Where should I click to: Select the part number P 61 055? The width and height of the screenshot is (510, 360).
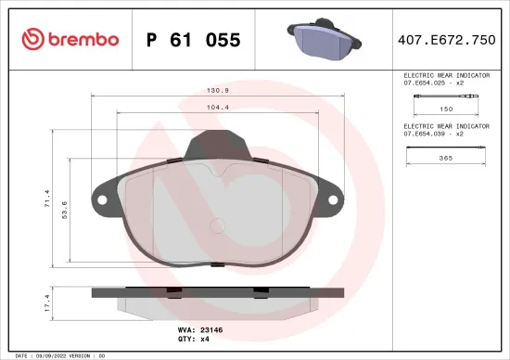pyautogui.click(x=195, y=40)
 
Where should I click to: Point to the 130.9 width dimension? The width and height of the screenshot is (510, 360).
pyautogui.click(x=217, y=92)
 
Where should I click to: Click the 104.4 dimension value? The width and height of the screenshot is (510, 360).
pyautogui.click(x=217, y=109)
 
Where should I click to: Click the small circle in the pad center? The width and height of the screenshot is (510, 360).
pyautogui.click(x=216, y=224)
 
